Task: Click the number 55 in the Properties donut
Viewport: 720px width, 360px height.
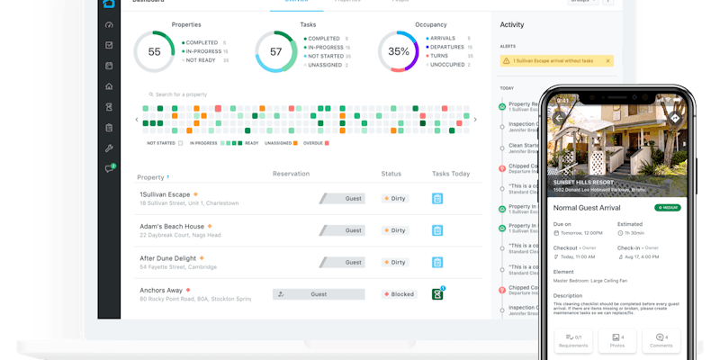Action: pyautogui.click(x=154, y=52)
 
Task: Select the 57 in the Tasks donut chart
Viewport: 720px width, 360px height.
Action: pyautogui.click(x=276, y=52)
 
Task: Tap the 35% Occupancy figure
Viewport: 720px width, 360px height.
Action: pyautogui.click(x=399, y=52)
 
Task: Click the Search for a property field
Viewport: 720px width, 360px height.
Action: pyautogui.click(x=184, y=94)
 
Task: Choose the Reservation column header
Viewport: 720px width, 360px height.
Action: pyautogui.click(x=291, y=174)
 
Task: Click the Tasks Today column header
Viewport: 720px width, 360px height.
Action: pyautogui.click(x=451, y=174)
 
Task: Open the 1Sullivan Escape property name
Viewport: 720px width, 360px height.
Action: pyautogui.click(x=165, y=194)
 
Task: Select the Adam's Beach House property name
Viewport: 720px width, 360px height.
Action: pyautogui.click(x=172, y=227)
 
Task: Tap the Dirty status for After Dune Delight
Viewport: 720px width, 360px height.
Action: pyautogui.click(x=396, y=262)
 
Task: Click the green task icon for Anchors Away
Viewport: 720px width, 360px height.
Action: pyautogui.click(x=437, y=293)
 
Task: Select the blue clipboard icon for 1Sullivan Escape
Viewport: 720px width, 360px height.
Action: pyautogui.click(x=437, y=198)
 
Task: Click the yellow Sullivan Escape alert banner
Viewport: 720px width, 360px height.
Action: pyautogui.click(x=555, y=61)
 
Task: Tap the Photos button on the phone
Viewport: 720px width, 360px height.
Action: pyautogui.click(x=616, y=340)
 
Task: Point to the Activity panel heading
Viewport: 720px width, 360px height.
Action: pyautogui.click(x=512, y=25)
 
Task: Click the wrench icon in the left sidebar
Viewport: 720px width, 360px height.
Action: pyautogui.click(x=109, y=148)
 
